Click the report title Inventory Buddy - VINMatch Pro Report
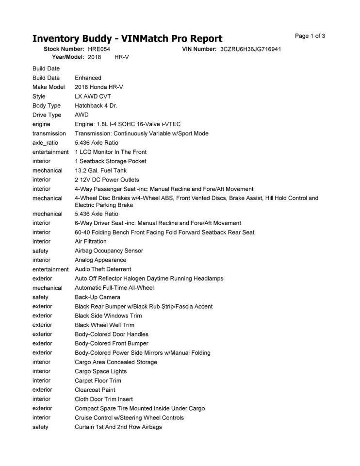tap(127, 39)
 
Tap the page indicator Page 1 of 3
tap(310, 36)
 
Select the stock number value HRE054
tap(99, 50)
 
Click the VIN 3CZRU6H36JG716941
tap(250, 50)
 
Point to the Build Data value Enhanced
tap(88, 78)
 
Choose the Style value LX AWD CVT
tap(93, 97)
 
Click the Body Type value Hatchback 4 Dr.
tap(96, 106)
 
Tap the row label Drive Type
tap(47, 115)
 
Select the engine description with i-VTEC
tap(128, 124)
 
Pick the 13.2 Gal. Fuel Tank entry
tap(101, 170)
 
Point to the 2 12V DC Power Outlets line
tap(107, 180)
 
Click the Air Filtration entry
tap(90, 241)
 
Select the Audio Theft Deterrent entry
tap(103, 269)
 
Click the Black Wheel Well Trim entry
tap(104, 325)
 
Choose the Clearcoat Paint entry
tap(95, 390)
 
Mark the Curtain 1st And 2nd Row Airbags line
tap(118, 427)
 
